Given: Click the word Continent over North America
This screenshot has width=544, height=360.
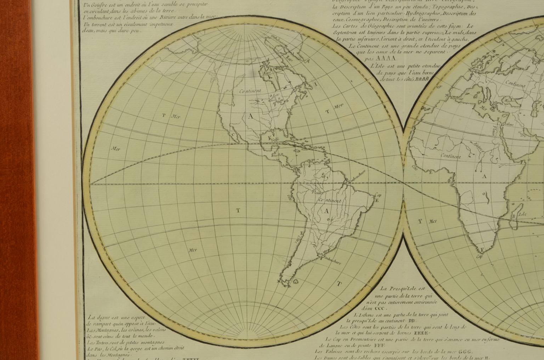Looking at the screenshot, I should [250, 91].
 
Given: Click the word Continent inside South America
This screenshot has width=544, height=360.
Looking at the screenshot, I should [330, 201].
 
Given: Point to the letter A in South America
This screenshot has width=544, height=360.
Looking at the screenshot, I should [326, 211].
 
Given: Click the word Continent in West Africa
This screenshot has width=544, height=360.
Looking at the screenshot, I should [451, 156].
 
